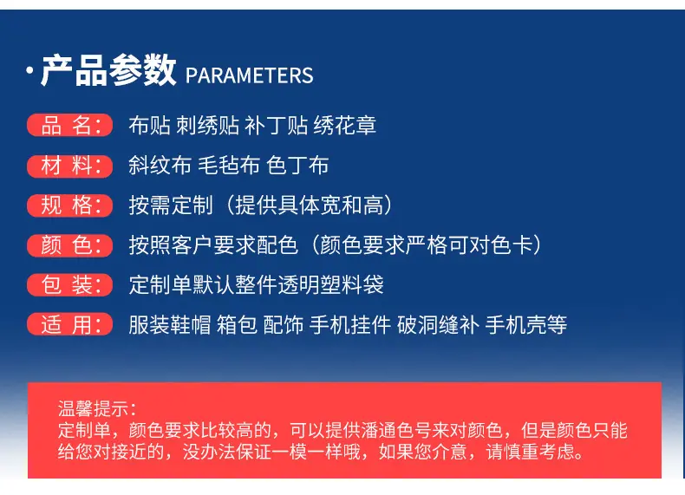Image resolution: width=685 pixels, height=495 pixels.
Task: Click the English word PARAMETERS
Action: pos(250,75)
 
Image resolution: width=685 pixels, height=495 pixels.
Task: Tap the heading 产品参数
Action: pos(108,70)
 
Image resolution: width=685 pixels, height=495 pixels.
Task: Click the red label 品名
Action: pos(70,126)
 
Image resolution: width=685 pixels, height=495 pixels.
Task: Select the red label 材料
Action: pos(70,166)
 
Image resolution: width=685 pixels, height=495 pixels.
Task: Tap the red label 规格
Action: pos(70,205)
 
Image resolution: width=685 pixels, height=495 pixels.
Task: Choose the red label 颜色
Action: pos(70,245)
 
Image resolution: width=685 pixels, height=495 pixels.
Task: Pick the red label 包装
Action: pos(70,285)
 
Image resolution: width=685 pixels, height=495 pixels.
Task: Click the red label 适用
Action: pos(70,324)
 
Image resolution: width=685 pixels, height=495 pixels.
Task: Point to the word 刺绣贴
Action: pos(207,126)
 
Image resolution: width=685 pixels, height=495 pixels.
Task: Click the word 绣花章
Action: pos(345,126)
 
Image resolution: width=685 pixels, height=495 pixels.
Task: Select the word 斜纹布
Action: pos(160,166)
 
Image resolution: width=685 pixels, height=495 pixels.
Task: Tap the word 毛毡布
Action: pos(229,166)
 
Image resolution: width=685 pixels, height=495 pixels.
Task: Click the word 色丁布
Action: pos(297,166)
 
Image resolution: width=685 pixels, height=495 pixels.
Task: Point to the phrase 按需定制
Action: pos(171,205)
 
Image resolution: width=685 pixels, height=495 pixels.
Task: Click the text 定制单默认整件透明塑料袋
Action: pos(256,285)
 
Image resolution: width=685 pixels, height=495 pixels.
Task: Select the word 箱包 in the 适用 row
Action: pos(238,324)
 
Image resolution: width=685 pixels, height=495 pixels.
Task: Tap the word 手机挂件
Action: pos(350,324)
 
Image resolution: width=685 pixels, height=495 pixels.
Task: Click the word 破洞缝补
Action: pos(438,324)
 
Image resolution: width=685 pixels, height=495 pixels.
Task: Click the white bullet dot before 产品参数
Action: pos(29,70)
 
